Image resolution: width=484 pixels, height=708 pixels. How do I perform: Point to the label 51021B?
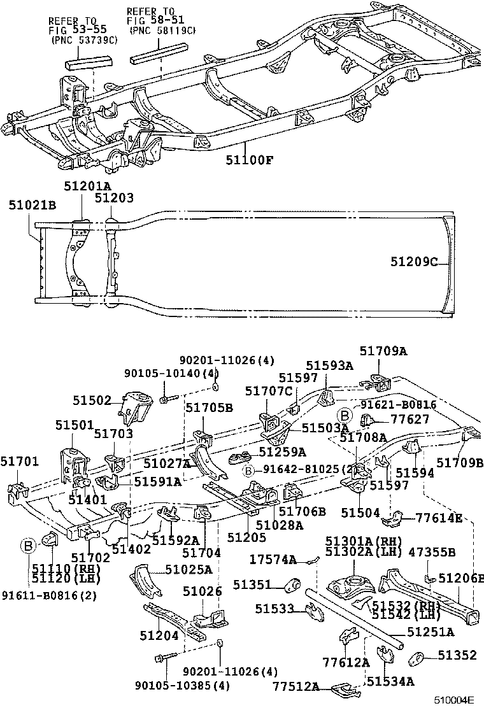[32, 205]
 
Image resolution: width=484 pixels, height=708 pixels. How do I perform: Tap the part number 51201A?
[87, 185]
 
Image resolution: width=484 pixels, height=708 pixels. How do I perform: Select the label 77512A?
[295, 686]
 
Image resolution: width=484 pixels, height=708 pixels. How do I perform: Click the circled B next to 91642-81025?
[248, 470]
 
